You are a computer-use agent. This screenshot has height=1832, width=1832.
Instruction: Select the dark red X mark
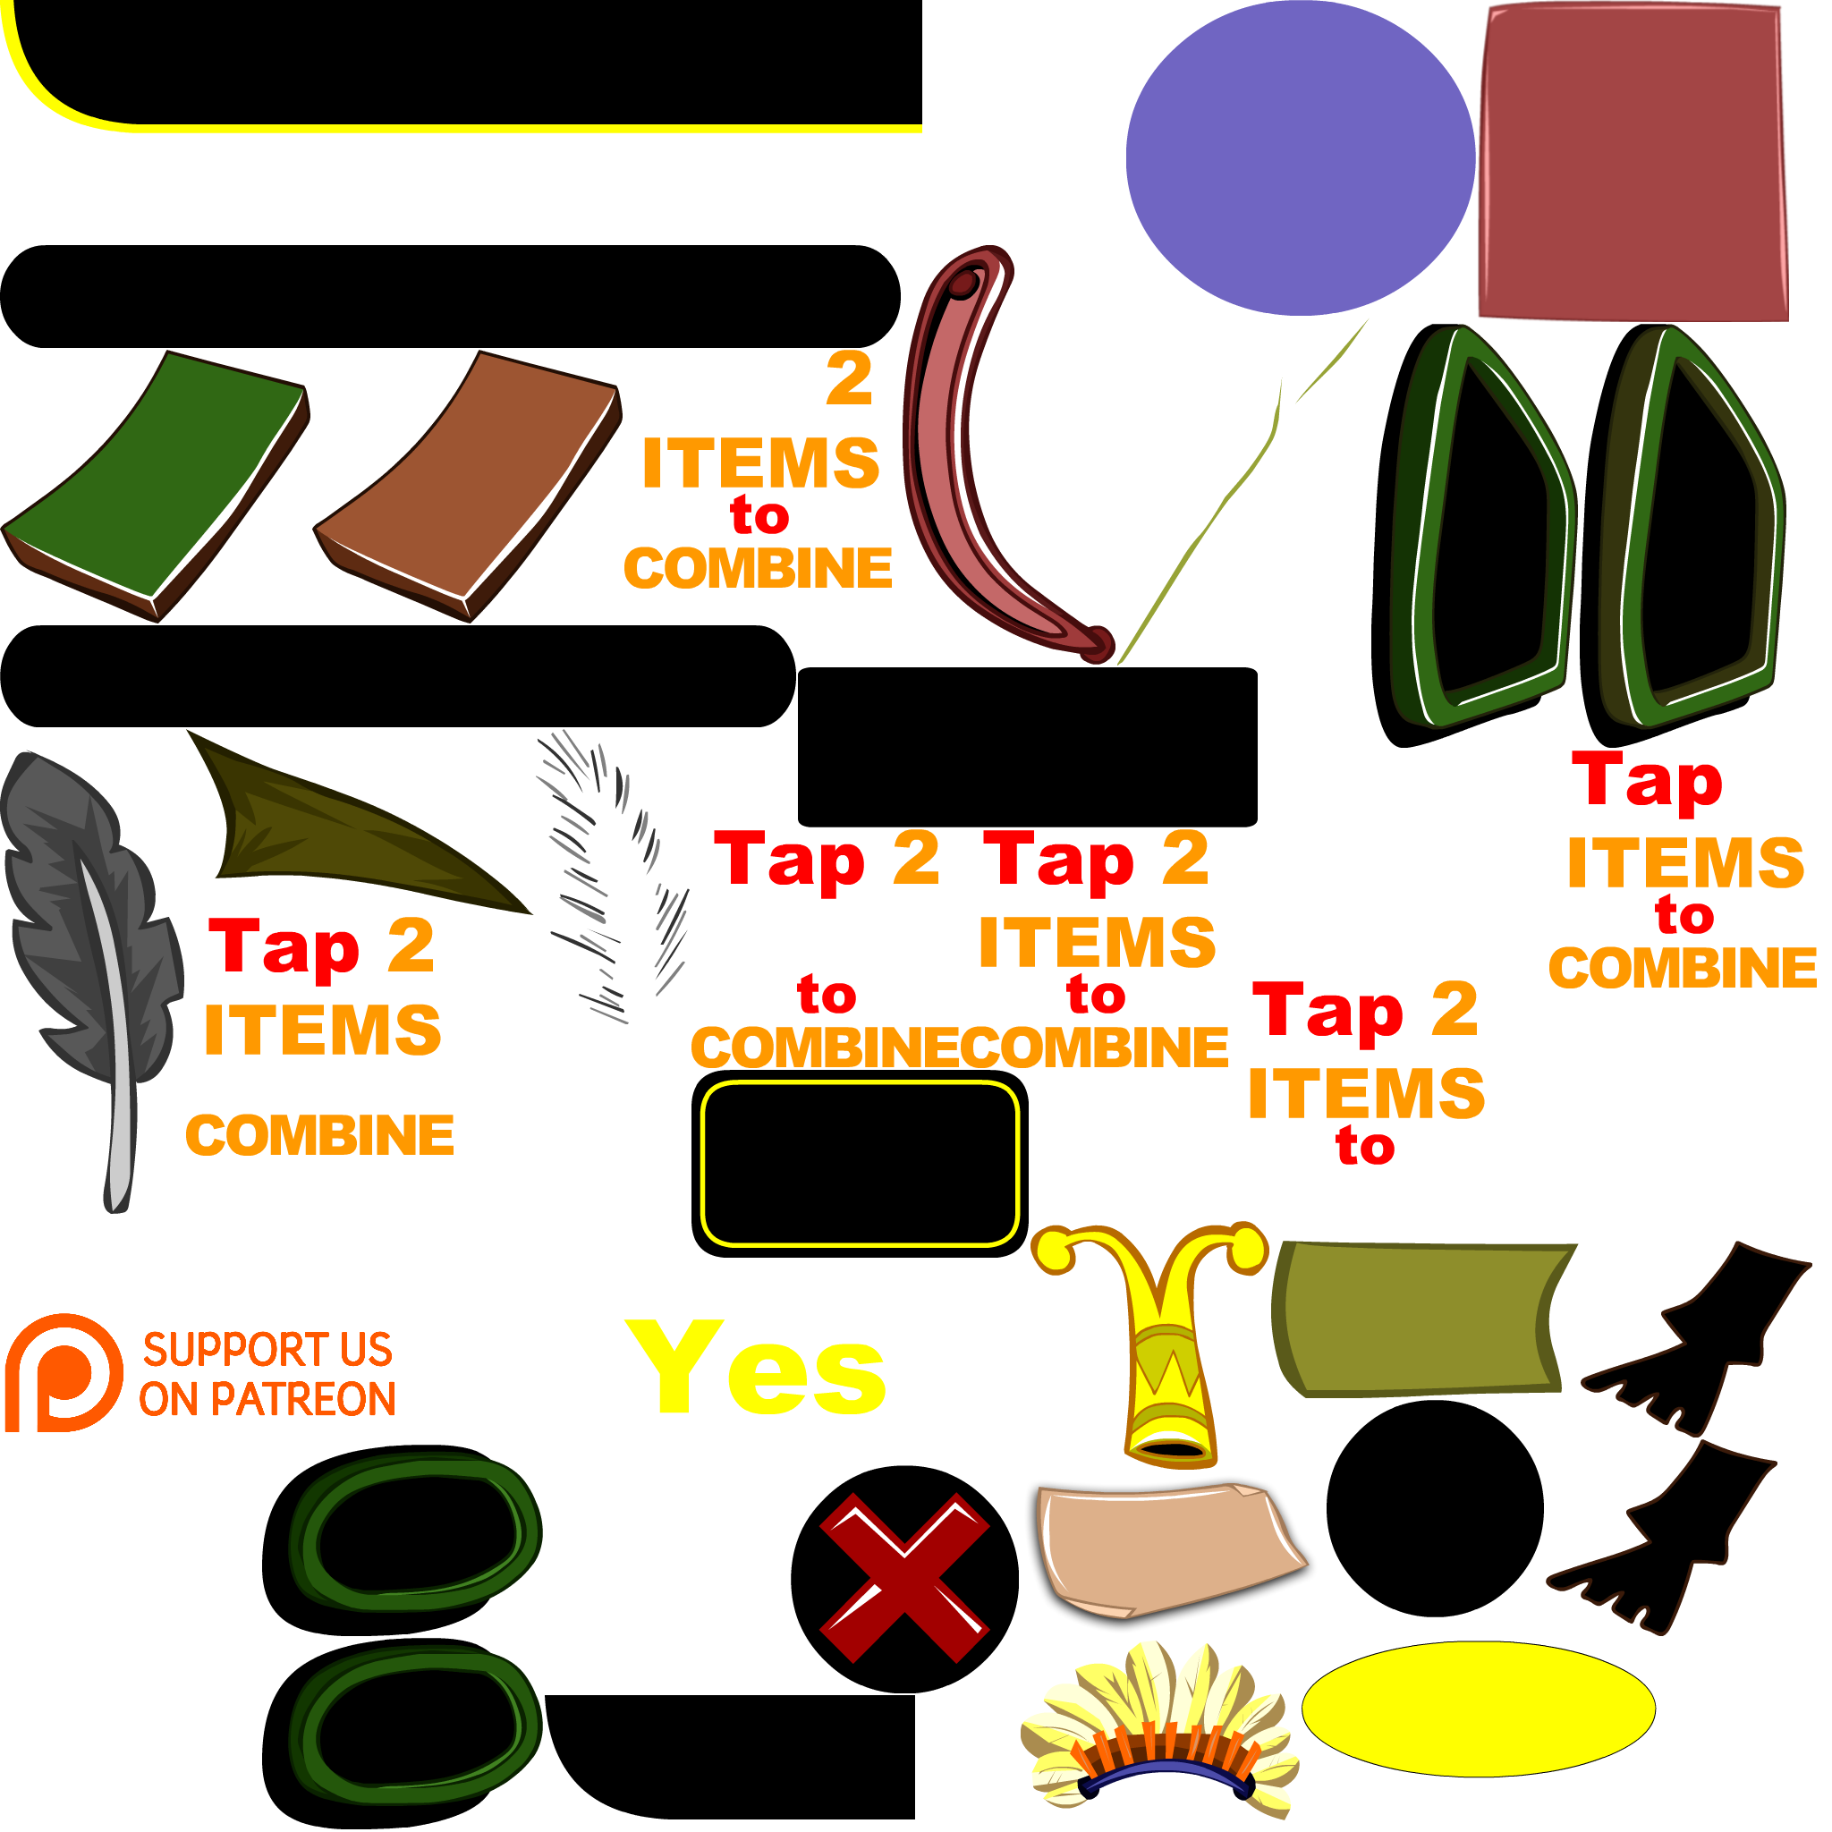(x=903, y=1578)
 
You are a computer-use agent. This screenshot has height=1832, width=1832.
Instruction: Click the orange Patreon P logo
(x=63, y=1372)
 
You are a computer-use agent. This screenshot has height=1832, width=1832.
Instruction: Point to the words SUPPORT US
(x=267, y=1348)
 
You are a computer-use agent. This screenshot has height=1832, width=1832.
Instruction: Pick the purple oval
(x=1300, y=157)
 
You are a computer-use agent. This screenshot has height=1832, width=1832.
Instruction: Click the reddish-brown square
(x=1633, y=161)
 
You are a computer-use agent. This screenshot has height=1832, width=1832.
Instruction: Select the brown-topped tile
(x=468, y=484)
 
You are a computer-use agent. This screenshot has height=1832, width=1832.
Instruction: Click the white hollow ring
(x=1624, y=1115)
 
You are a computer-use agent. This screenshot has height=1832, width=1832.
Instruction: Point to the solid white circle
(x=666, y=1581)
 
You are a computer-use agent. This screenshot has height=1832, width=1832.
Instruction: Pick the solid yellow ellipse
(x=1478, y=1709)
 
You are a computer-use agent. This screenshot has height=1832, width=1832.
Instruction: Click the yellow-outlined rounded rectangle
(x=859, y=1164)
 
